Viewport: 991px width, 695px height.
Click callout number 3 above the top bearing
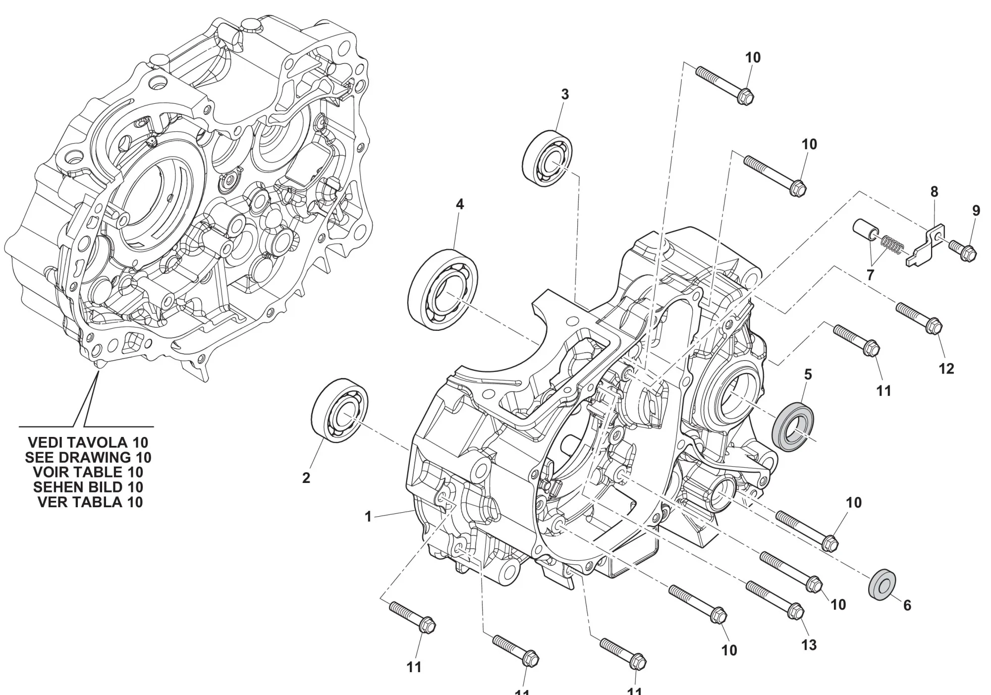pyautogui.click(x=565, y=94)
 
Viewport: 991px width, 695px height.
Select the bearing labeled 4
pyautogui.click(x=443, y=289)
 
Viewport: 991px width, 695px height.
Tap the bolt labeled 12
pyautogui.click(x=919, y=318)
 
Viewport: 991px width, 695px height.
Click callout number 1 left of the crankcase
pyautogui.click(x=368, y=517)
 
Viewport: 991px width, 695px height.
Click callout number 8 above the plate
pyautogui.click(x=935, y=192)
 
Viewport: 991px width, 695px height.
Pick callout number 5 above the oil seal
pyautogui.click(x=808, y=375)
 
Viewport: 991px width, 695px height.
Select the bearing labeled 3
pyautogui.click(x=548, y=153)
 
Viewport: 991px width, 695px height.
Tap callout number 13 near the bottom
pyautogui.click(x=809, y=644)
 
